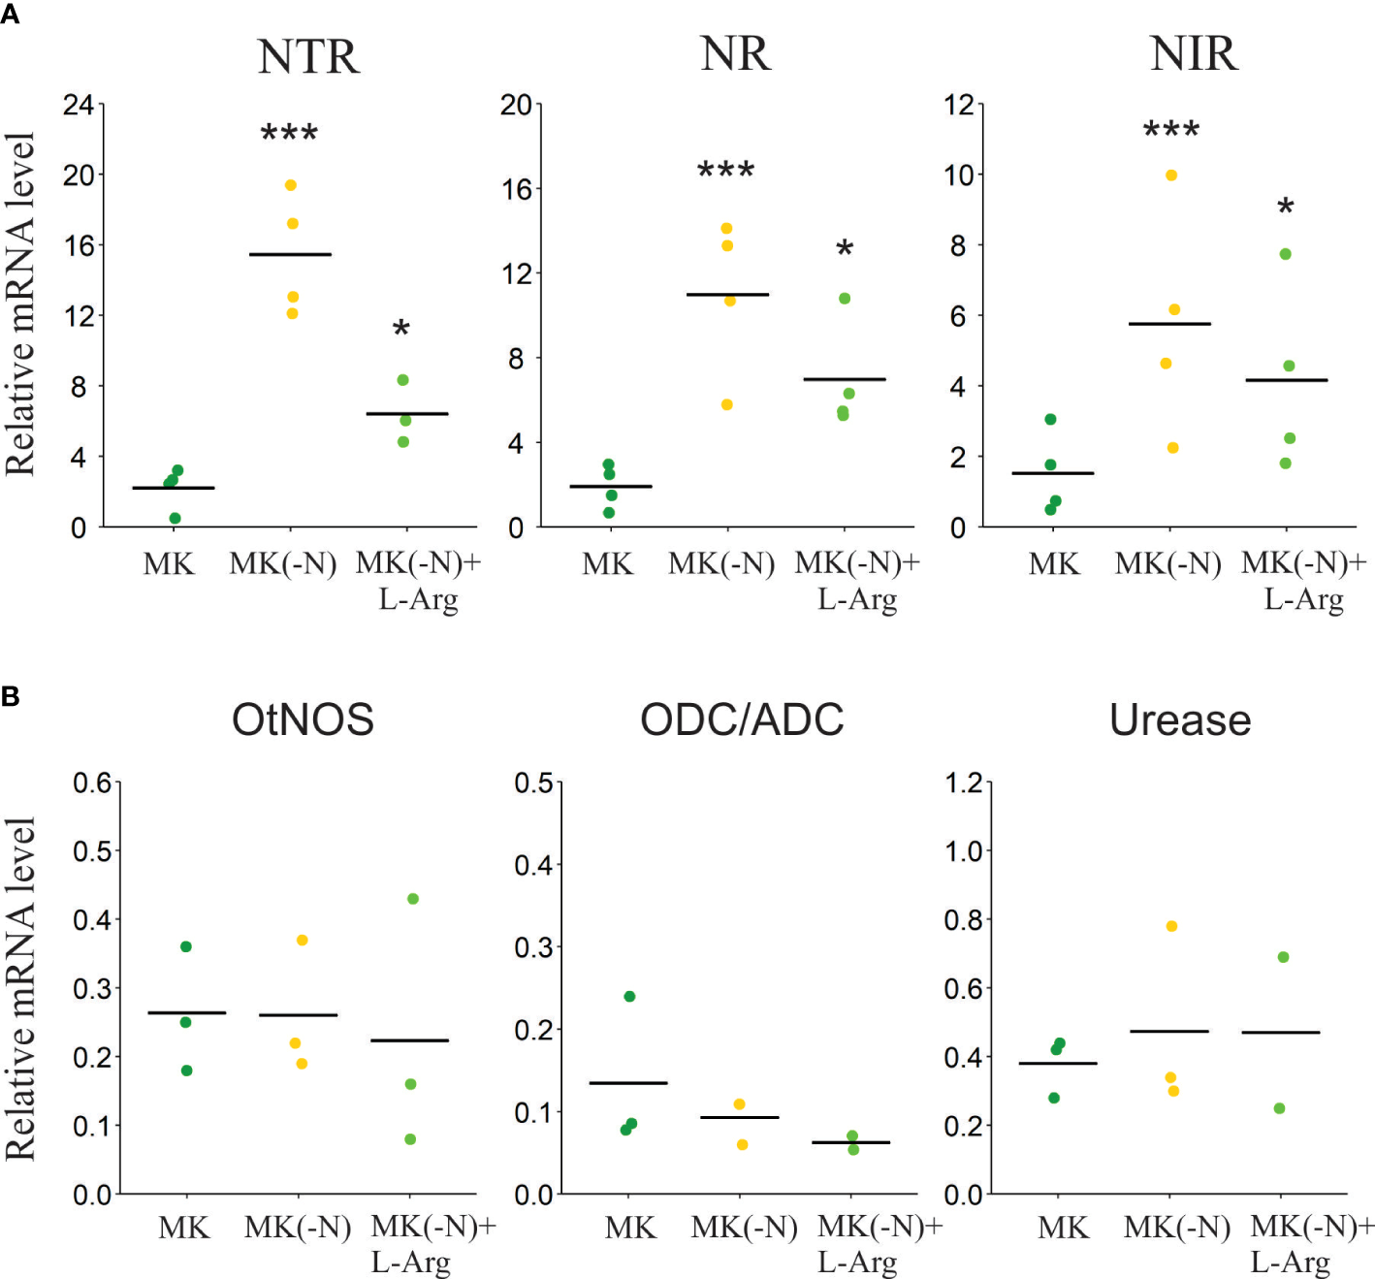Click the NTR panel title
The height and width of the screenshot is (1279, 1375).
pyautogui.click(x=308, y=56)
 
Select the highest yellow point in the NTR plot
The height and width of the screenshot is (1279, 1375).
pyautogui.click(x=290, y=185)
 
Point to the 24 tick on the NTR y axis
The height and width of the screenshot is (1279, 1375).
pyautogui.click(x=79, y=105)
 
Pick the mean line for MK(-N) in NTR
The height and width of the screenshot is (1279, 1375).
pyautogui.click(x=290, y=254)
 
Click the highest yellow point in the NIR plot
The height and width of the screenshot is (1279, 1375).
pyautogui.click(x=1171, y=176)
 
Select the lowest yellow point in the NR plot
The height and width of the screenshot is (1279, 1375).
pyautogui.click(x=727, y=404)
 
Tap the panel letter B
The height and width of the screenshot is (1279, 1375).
pyautogui.click(x=11, y=696)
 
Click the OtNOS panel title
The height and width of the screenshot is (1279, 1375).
pyautogui.click(x=303, y=719)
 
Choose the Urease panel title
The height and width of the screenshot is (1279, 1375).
pyautogui.click(x=1180, y=719)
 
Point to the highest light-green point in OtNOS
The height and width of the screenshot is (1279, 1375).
pyautogui.click(x=413, y=899)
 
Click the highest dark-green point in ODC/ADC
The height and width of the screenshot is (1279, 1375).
pyautogui.click(x=629, y=997)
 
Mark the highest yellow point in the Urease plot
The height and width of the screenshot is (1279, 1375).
pyautogui.click(x=1171, y=926)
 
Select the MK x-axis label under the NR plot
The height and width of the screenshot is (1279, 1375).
pyautogui.click(x=607, y=563)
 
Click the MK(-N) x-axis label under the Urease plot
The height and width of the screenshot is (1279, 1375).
pyautogui.click(x=1176, y=1228)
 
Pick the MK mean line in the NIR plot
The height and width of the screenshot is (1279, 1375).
pyautogui.click(x=1052, y=473)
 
